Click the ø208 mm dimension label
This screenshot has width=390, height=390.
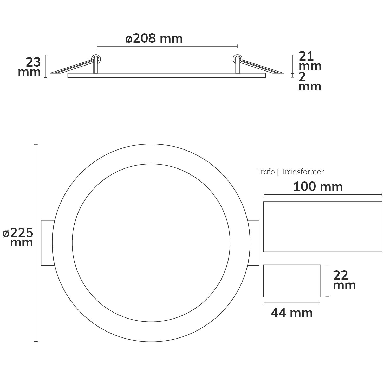(154, 39)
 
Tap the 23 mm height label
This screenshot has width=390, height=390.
(29, 67)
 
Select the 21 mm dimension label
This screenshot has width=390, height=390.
(310, 61)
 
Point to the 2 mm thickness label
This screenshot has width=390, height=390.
(310, 82)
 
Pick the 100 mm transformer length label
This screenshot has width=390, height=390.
(318, 187)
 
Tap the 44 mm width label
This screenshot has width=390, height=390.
(292, 313)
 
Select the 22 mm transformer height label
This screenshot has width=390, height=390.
(344, 280)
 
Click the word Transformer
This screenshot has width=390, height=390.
(302, 172)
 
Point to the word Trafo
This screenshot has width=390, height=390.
(266, 172)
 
